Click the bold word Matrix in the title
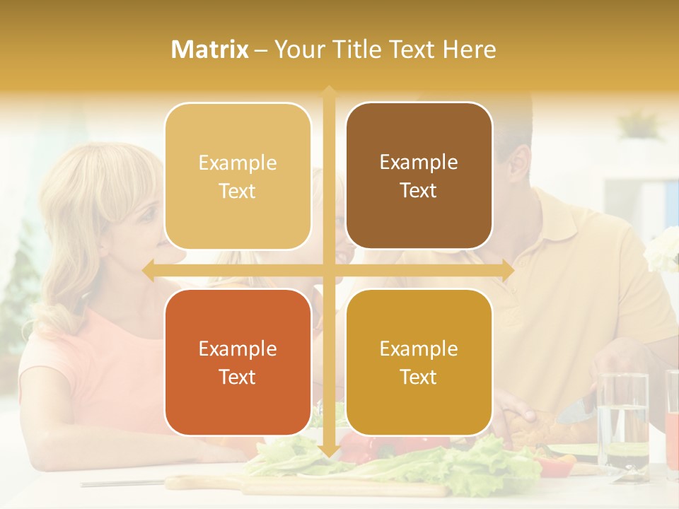pyautogui.click(x=210, y=49)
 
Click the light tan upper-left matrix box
pyautogui.click(x=238, y=176)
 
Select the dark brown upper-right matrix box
pyautogui.click(x=419, y=175)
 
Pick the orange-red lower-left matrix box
pyautogui.click(x=238, y=362)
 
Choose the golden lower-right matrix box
pyautogui.click(x=419, y=362)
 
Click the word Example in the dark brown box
pyautogui.click(x=419, y=162)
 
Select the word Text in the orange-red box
pyautogui.click(x=238, y=377)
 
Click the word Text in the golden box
pyautogui.click(x=419, y=377)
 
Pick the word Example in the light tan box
pyautogui.click(x=238, y=163)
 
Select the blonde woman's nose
pyautogui.click(x=162, y=240)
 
